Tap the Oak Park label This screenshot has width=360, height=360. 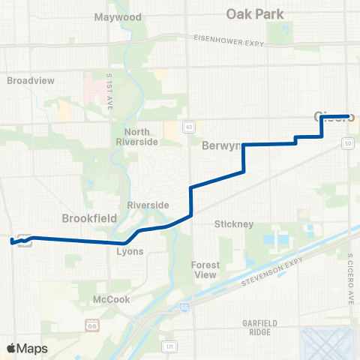coord(249,13)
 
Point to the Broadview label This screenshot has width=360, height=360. coord(26,79)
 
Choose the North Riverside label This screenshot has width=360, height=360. coord(133,136)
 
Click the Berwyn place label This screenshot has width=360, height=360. coord(220,146)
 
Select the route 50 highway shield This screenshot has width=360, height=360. coord(348,142)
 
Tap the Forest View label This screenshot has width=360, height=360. coord(205,269)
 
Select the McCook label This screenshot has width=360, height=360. coord(111,299)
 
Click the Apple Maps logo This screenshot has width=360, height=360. coord(27,348)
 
